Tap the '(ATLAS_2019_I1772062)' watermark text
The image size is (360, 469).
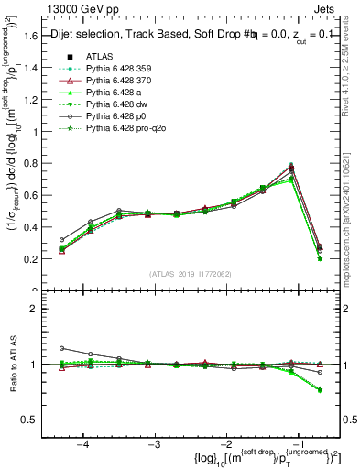coord(191,274)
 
